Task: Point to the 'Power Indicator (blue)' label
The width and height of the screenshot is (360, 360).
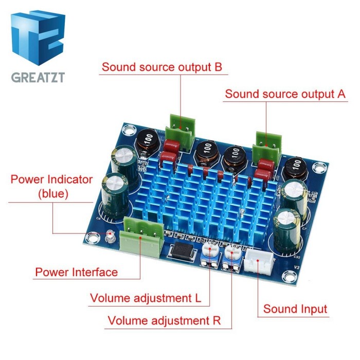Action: [52, 187]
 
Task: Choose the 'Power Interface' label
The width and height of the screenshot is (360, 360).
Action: [76, 272]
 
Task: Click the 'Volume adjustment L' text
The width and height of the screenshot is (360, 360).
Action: [146, 298]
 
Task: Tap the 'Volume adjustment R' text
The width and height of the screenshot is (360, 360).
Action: [164, 321]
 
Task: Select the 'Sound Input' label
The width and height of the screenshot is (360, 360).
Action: [295, 309]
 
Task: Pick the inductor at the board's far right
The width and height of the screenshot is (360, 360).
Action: [297, 166]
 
